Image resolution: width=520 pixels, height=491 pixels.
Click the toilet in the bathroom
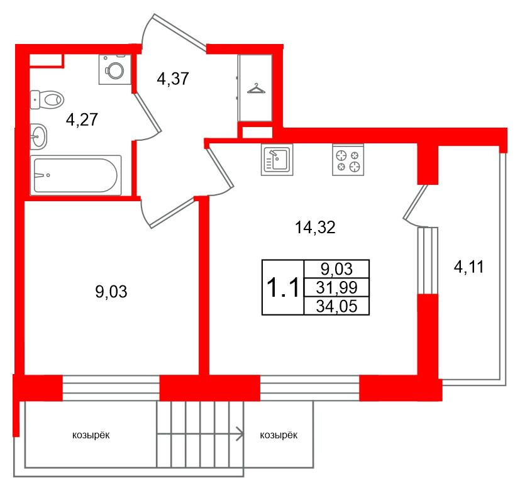pos(48,99)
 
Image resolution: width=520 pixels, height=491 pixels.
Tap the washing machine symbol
pos(114,69)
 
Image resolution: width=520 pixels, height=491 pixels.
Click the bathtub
pos(76,175)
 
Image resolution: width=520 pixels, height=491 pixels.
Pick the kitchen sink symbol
pos(275,159)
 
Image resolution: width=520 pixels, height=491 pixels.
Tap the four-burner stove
pos(348,160)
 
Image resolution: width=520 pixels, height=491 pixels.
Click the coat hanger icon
pos(256,88)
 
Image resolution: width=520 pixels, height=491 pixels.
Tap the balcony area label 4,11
pos(469,268)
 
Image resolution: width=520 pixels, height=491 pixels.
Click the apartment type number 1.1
pos(282,289)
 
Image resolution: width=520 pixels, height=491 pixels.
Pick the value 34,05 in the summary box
pos(336,306)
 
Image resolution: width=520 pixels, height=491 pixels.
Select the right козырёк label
pos(278,434)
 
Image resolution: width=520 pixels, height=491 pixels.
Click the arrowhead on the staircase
pos(240,433)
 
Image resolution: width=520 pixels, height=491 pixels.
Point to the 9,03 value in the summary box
pos(336,269)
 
